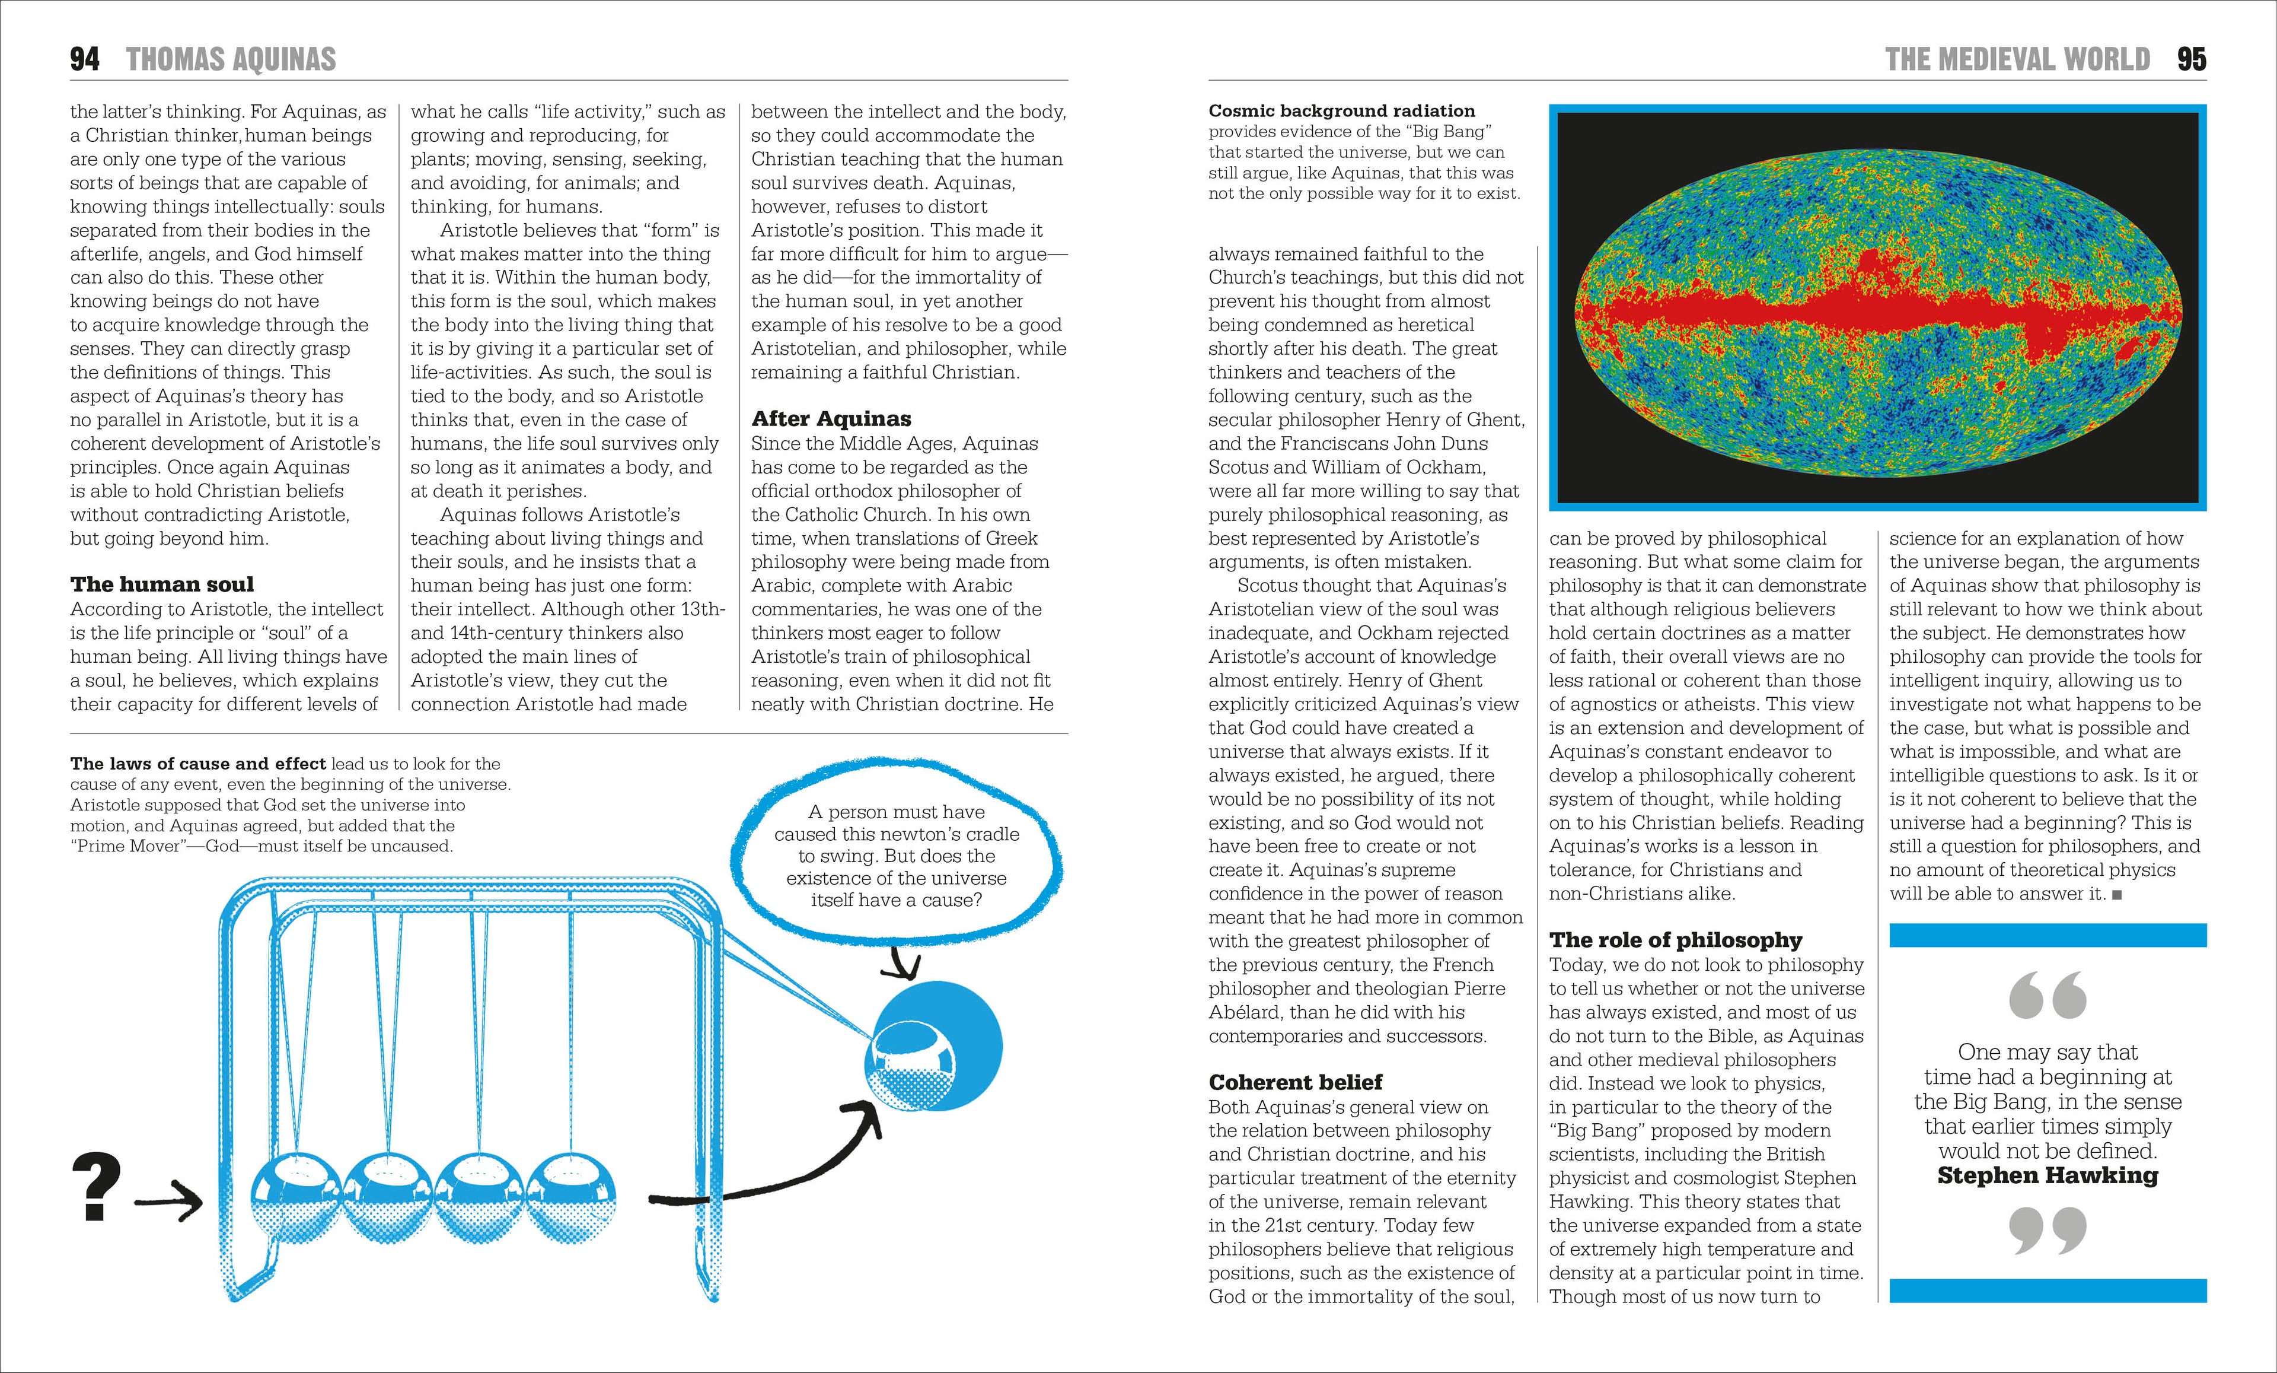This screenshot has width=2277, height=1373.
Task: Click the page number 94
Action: coord(85,59)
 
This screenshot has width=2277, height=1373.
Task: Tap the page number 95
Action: coord(2191,59)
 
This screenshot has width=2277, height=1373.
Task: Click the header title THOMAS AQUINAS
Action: coord(231,59)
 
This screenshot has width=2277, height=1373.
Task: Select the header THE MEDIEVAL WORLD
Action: coord(2017,59)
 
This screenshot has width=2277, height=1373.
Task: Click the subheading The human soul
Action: coord(162,584)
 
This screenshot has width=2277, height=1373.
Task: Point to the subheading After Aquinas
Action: coord(831,419)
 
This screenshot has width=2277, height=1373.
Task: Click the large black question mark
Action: coord(96,1186)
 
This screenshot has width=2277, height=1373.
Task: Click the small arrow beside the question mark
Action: coord(168,1202)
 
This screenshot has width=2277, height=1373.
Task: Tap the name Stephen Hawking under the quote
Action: coord(2048,1175)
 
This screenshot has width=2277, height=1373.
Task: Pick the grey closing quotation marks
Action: coord(2048,1231)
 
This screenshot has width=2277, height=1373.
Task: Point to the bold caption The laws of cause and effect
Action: coord(198,764)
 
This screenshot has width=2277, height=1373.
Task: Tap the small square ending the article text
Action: coord(2117,895)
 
